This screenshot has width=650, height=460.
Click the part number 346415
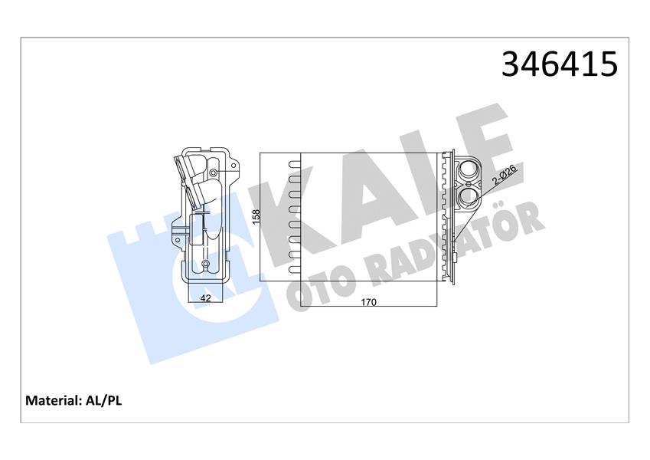point(558,64)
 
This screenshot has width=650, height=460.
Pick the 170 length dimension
point(368,302)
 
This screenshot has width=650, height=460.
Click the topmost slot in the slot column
point(293,163)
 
